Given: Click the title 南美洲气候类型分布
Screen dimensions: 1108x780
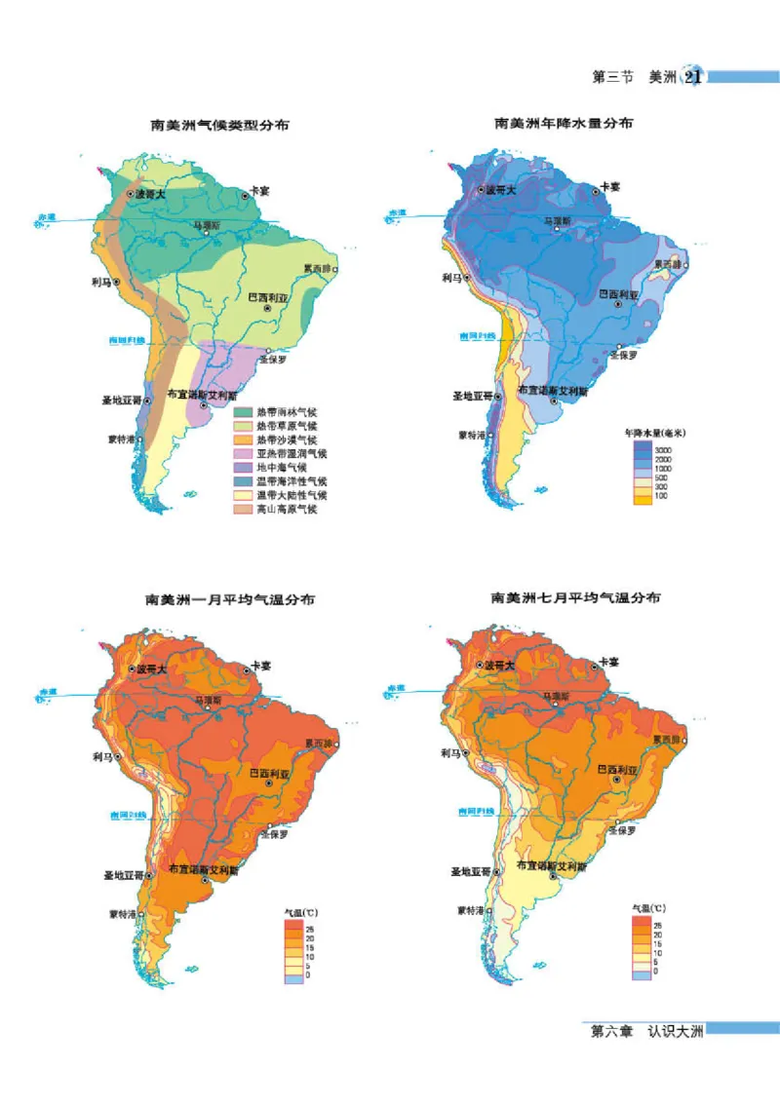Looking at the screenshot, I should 219,125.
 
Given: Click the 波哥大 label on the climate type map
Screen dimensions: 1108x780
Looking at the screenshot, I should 150,194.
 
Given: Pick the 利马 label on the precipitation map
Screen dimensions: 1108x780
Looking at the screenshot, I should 450,277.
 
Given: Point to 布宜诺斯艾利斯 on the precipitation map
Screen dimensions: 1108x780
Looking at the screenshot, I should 551,391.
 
